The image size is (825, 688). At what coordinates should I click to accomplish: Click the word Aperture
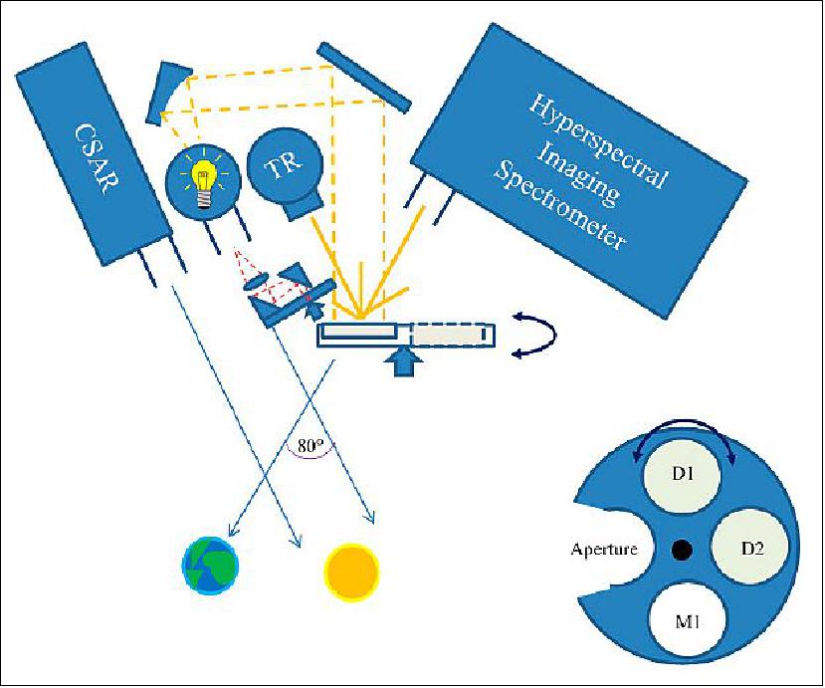603,549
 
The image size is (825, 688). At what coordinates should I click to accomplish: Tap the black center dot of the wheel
682,549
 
